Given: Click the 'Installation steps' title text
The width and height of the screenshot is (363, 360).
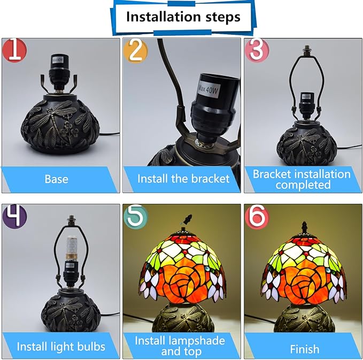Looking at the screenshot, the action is click(183, 17).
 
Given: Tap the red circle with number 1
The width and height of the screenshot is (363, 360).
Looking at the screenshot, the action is click(14, 50).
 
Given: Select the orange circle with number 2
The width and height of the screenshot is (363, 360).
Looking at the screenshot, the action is click(135, 51).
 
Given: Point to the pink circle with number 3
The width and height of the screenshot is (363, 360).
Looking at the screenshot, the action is click(257, 50).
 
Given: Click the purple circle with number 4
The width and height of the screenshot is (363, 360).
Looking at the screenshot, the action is click(14, 216).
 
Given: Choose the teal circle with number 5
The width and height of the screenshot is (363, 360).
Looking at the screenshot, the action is click(135, 216).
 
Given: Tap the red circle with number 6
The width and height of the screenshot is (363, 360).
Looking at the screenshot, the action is click(257, 216).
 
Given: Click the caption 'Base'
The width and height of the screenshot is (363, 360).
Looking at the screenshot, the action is click(57, 179).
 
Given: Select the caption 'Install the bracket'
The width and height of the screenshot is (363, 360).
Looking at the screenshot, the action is click(183, 179).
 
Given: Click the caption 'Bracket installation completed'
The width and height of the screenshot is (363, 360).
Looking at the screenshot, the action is click(302, 179).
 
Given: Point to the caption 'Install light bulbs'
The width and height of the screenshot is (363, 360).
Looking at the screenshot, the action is click(61, 347).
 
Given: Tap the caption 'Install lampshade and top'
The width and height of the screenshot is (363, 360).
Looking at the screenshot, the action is click(180, 346).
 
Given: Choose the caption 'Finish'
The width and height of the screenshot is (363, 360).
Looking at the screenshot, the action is click(305, 349).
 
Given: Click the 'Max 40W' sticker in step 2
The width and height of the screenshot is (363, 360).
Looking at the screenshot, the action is click(208, 89).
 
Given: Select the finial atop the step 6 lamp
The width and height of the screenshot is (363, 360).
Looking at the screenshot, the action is click(304, 227).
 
